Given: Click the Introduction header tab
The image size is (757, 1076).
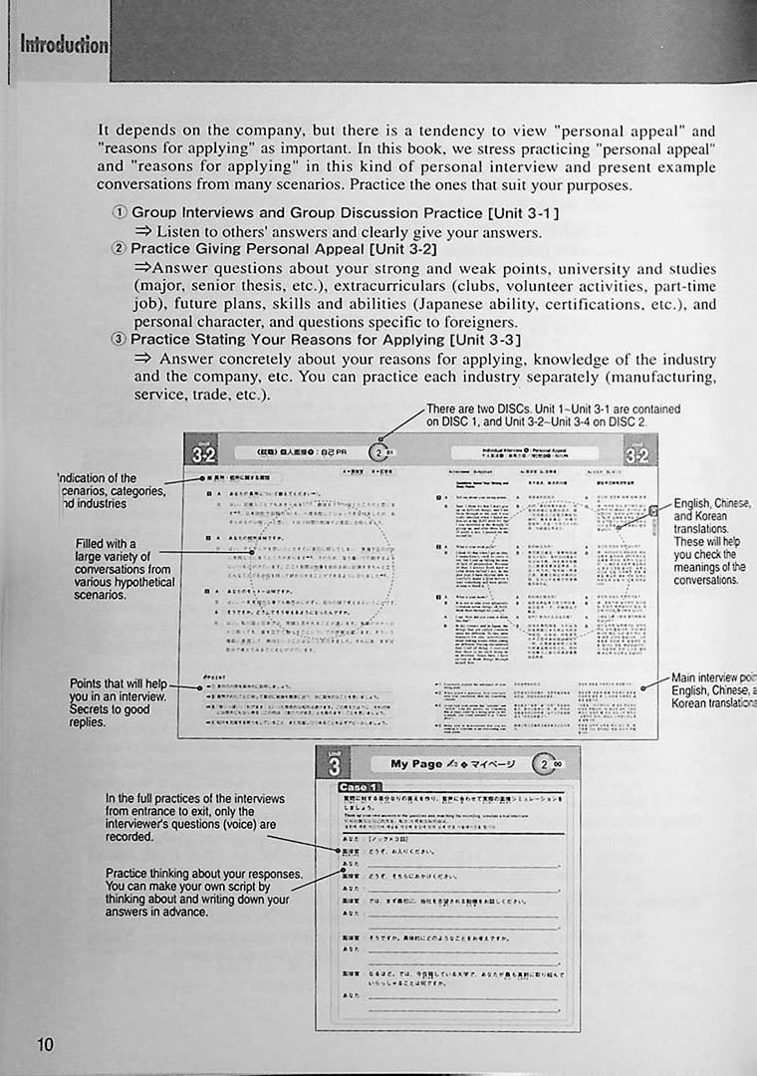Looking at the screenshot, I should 65,44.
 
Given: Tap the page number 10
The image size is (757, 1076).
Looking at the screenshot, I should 45,1044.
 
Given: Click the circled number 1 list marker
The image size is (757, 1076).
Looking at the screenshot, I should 120,212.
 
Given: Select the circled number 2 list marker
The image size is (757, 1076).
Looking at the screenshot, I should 120,249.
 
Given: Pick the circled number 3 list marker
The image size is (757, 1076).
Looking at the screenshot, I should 120,340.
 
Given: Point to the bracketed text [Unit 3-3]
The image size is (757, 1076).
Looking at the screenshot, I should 485,340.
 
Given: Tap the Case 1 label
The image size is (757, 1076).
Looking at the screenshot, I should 360,787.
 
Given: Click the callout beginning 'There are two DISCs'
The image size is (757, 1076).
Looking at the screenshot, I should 553,415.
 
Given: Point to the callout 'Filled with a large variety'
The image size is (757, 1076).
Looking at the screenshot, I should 125,569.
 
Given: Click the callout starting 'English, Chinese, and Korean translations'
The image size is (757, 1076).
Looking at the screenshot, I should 711,541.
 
